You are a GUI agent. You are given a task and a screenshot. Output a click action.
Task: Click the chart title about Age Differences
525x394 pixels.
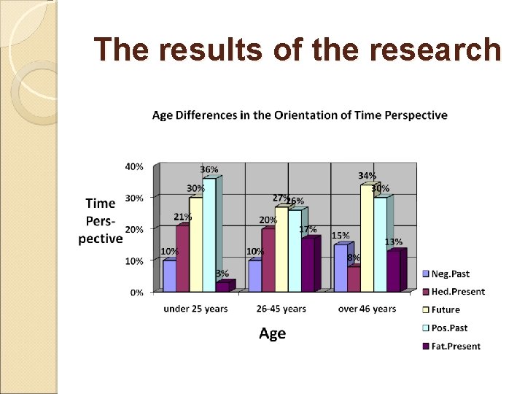[x=300, y=115]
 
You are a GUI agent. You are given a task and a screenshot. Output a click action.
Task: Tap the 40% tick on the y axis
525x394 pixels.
[x=134, y=166]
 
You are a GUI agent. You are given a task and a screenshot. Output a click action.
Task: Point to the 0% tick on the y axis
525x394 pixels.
[x=136, y=292]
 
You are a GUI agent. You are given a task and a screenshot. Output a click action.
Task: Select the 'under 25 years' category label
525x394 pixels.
[x=195, y=309]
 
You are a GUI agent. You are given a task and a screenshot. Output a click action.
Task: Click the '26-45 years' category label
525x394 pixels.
[x=281, y=309]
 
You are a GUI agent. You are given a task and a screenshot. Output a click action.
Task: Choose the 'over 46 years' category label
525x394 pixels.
[x=367, y=309]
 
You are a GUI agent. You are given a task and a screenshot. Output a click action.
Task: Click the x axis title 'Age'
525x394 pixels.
[x=273, y=333]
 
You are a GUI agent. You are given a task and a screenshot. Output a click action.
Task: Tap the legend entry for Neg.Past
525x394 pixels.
[x=450, y=274]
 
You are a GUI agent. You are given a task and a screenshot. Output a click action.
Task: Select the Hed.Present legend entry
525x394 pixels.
[x=457, y=292]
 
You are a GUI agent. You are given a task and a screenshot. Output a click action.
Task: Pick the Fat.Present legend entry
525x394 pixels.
[x=456, y=346]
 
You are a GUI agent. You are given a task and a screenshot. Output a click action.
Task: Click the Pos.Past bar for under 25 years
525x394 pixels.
[x=209, y=233]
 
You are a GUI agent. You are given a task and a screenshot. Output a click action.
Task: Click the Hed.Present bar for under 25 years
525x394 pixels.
[x=182, y=259]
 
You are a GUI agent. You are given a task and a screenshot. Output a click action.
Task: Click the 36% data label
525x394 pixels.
[x=209, y=170]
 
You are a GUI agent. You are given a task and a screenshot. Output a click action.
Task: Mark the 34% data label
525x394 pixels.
[x=367, y=176]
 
